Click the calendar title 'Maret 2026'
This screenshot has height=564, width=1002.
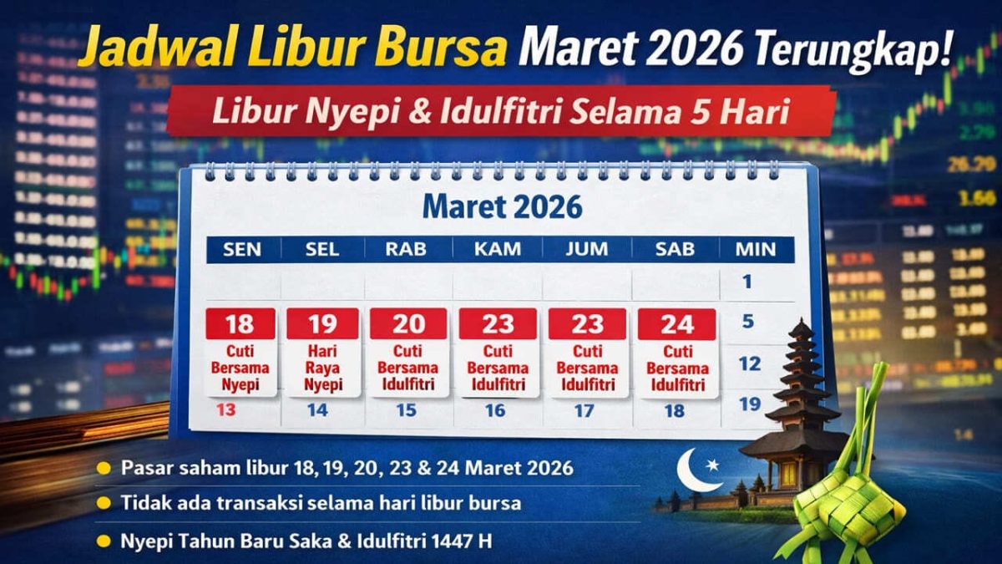[x=501, y=206]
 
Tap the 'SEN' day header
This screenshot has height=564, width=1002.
[x=242, y=249]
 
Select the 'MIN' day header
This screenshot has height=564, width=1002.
[x=755, y=249]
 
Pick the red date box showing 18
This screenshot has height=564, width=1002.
[x=240, y=324]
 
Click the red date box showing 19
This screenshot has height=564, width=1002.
[x=323, y=324]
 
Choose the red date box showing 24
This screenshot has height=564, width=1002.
[x=676, y=324]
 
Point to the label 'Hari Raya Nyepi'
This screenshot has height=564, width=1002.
[x=323, y=368]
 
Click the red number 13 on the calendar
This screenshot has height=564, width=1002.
[x=226, y=409]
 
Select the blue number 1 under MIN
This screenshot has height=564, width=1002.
[x=746, y=282]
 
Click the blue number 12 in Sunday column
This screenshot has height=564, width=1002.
[x=750, y=363]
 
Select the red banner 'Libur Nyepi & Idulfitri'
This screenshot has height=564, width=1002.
[x=501, y=112]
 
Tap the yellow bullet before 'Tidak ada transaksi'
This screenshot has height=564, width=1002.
[x=104, y=503]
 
